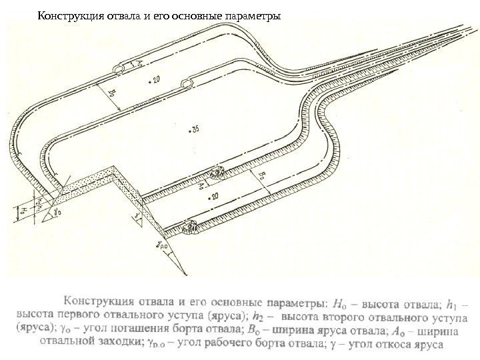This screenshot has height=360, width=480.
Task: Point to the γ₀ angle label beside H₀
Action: click(59, 212)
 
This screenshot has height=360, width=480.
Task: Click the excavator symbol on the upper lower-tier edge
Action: click(216, 173)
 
